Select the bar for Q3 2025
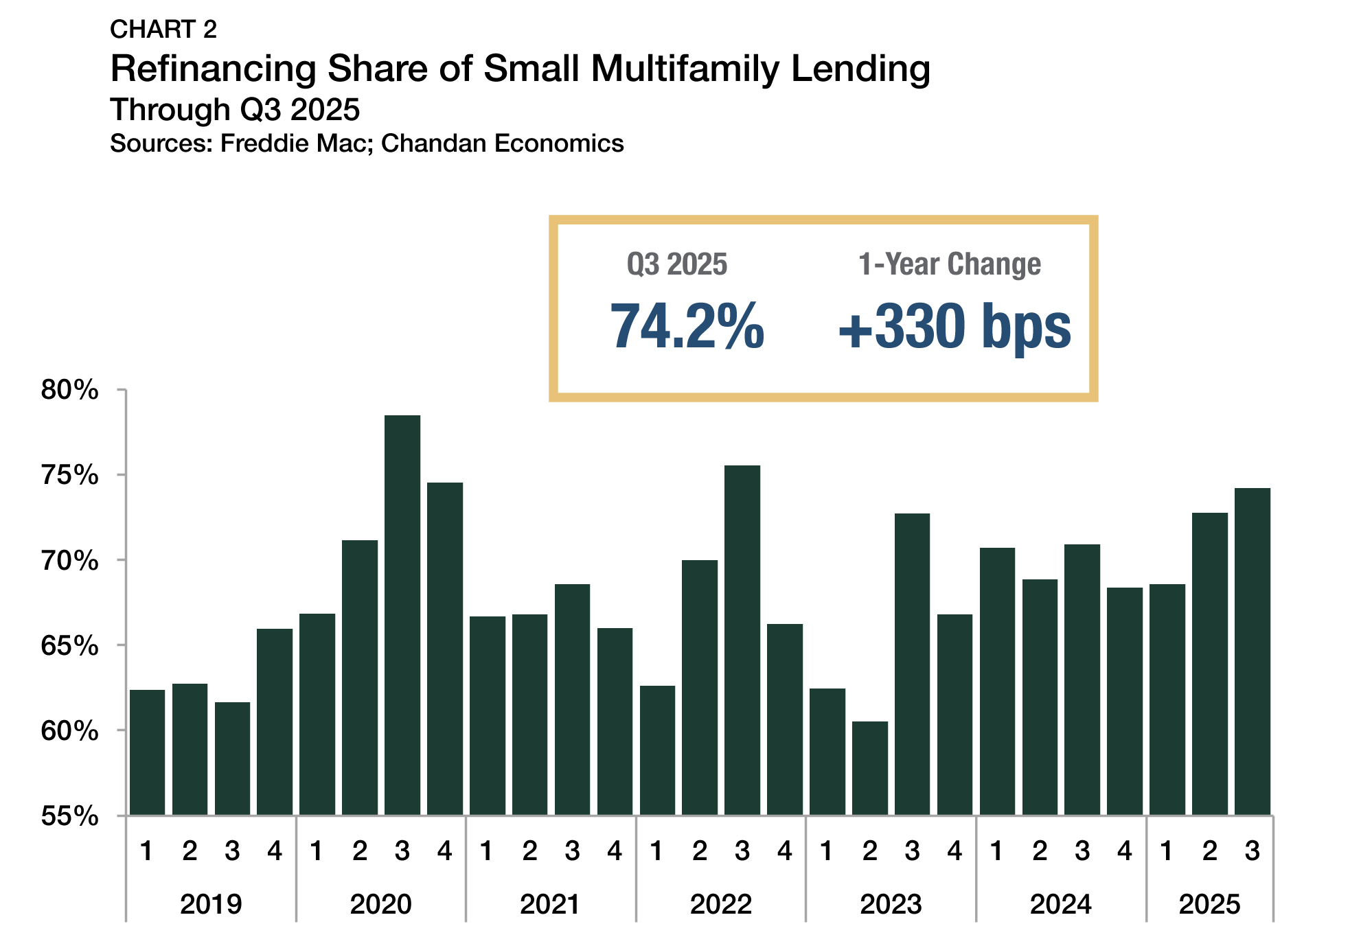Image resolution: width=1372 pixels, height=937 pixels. [x=1252, y=651]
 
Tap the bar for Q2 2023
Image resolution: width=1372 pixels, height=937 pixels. [x=869, y=768]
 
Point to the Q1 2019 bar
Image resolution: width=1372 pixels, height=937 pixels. [x=147, y=752]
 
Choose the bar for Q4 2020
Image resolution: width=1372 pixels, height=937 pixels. [x=445, y=649]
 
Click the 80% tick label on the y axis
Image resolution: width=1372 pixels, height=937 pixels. [x=69, y=390]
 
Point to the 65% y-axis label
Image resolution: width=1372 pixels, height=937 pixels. [x=69, y=646]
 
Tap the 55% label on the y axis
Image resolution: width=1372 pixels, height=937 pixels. [x=69, y=816]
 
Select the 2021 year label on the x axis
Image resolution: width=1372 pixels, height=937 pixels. [x=550, y=904]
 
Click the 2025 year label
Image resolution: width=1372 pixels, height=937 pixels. [x=1209, y=904]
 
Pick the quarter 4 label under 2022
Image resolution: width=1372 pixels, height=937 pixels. [x=784, y=851]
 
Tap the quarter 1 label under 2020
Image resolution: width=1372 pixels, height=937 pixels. [x=317, y=851]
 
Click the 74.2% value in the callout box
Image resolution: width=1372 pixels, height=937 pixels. [x=687, y=327]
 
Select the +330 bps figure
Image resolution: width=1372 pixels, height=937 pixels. [x=954, y=327]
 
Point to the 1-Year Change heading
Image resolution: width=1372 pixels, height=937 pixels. [x=950, y=264]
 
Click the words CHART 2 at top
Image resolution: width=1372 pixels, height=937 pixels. [x=163, y=30]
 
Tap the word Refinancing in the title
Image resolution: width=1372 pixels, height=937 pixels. [x=214, y=69]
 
